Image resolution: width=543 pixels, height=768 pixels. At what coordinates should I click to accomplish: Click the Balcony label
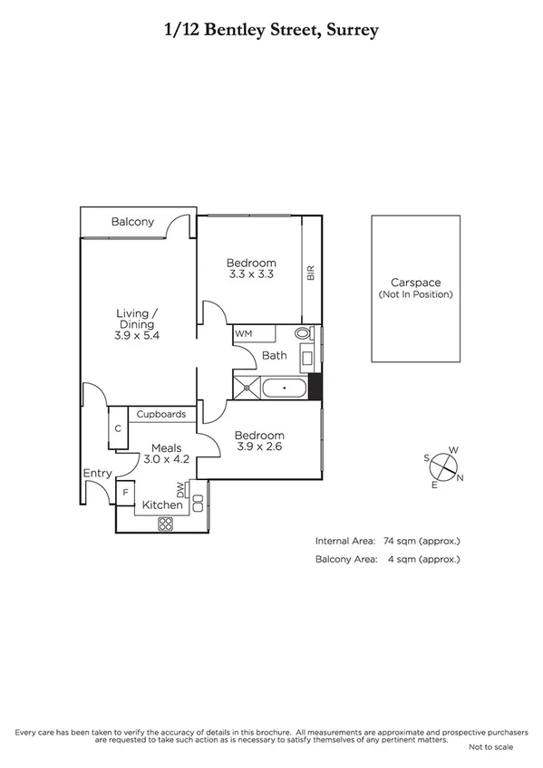click(132, 222)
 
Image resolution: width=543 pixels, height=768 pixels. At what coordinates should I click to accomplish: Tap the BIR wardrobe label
click(310, 273)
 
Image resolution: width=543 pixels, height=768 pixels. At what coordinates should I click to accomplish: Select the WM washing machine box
click(243, 333)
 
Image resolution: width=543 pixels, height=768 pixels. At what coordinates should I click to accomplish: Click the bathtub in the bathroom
click(284, 389)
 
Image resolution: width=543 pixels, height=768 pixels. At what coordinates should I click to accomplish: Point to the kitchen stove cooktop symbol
click(166, 523)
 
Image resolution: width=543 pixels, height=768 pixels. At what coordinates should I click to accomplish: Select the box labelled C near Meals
click(118, 429)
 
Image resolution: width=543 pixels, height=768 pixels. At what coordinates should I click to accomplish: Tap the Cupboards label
click(161, 415)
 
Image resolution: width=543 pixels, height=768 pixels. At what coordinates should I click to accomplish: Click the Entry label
click(97, 473)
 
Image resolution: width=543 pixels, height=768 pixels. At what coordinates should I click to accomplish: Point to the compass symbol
click(442, 466)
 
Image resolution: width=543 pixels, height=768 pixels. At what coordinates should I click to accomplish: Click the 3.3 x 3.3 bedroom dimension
click(251, 274)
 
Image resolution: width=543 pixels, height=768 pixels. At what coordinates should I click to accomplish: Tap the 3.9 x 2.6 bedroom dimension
click(260, 446)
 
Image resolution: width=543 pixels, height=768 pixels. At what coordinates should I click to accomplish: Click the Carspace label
click(415, 282)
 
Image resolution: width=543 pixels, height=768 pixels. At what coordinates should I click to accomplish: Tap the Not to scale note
click(490, 747)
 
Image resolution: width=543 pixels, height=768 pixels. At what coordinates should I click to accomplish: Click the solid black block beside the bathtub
click(315, 387)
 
